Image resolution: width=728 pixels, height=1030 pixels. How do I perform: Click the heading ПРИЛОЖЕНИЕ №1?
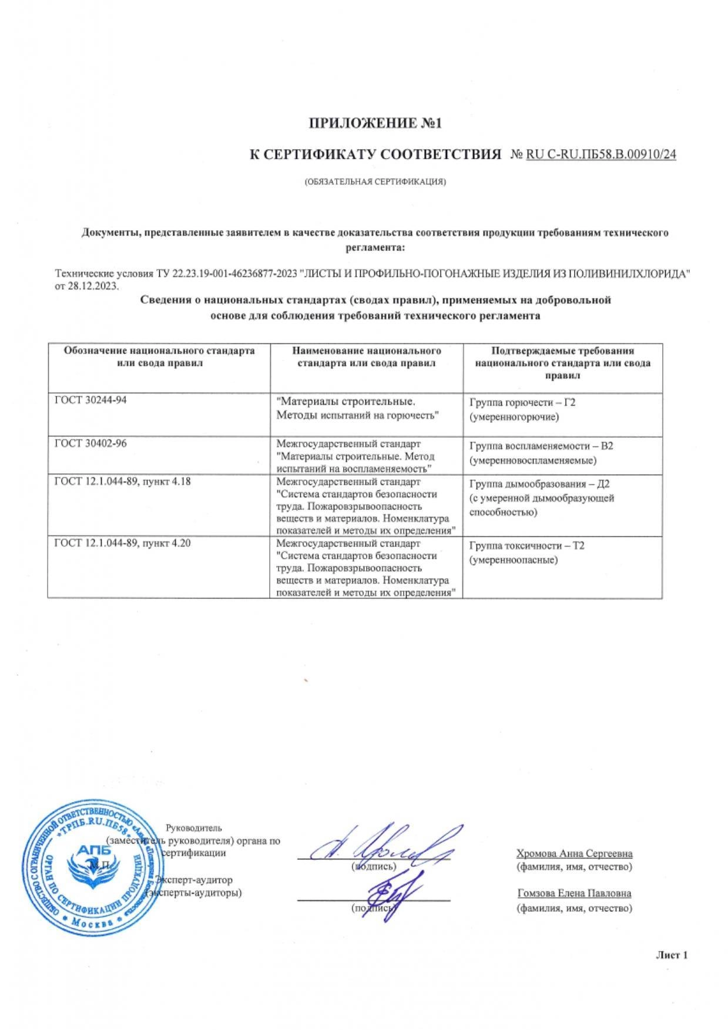pyautogui.click(x=374, y=123)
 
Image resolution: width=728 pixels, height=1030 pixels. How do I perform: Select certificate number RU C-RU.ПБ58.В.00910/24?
pyautogui.click(x=600, y=154)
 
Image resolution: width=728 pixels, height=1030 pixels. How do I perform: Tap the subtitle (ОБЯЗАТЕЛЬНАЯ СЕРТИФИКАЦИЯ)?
pyautogui.click(x=375, y=181)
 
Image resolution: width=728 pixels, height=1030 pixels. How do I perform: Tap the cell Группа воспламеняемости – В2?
pyautogui.click(x=541, y=446)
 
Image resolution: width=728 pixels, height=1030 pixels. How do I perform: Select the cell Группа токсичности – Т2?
pyautogui.click(x=527, y=546)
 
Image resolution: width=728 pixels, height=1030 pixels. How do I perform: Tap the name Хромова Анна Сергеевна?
pyautogui.click(x=574, y=853)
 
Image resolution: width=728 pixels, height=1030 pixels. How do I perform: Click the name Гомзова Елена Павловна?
pyautogui.click(x=574, y=893)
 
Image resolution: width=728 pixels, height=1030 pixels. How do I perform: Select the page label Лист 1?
pyautogui.click(x=671, y=955)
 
